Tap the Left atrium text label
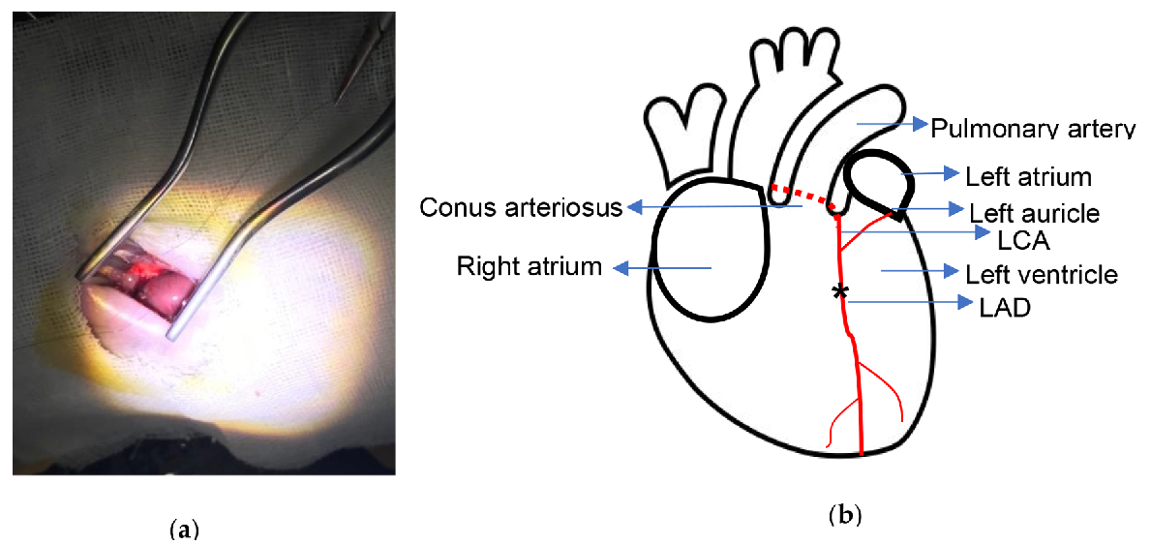click(1028, 177)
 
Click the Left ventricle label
click(1041, 274)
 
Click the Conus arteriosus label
click(521, 207)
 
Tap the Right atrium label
click(529, 266)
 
